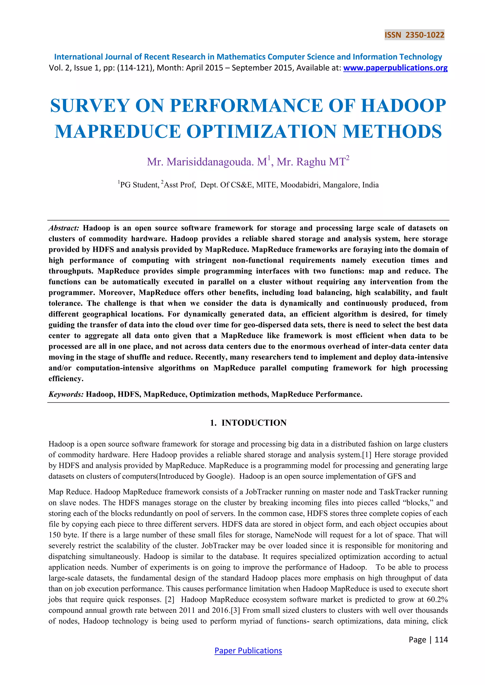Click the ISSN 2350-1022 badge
click(x=414, y=35)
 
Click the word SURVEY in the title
click(x=90, y=106)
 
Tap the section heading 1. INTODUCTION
click(x=248, y=423)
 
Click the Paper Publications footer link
click(x=248, y=651)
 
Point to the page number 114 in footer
click(x=441, y=640)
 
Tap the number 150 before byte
click(x=55, y=535)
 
